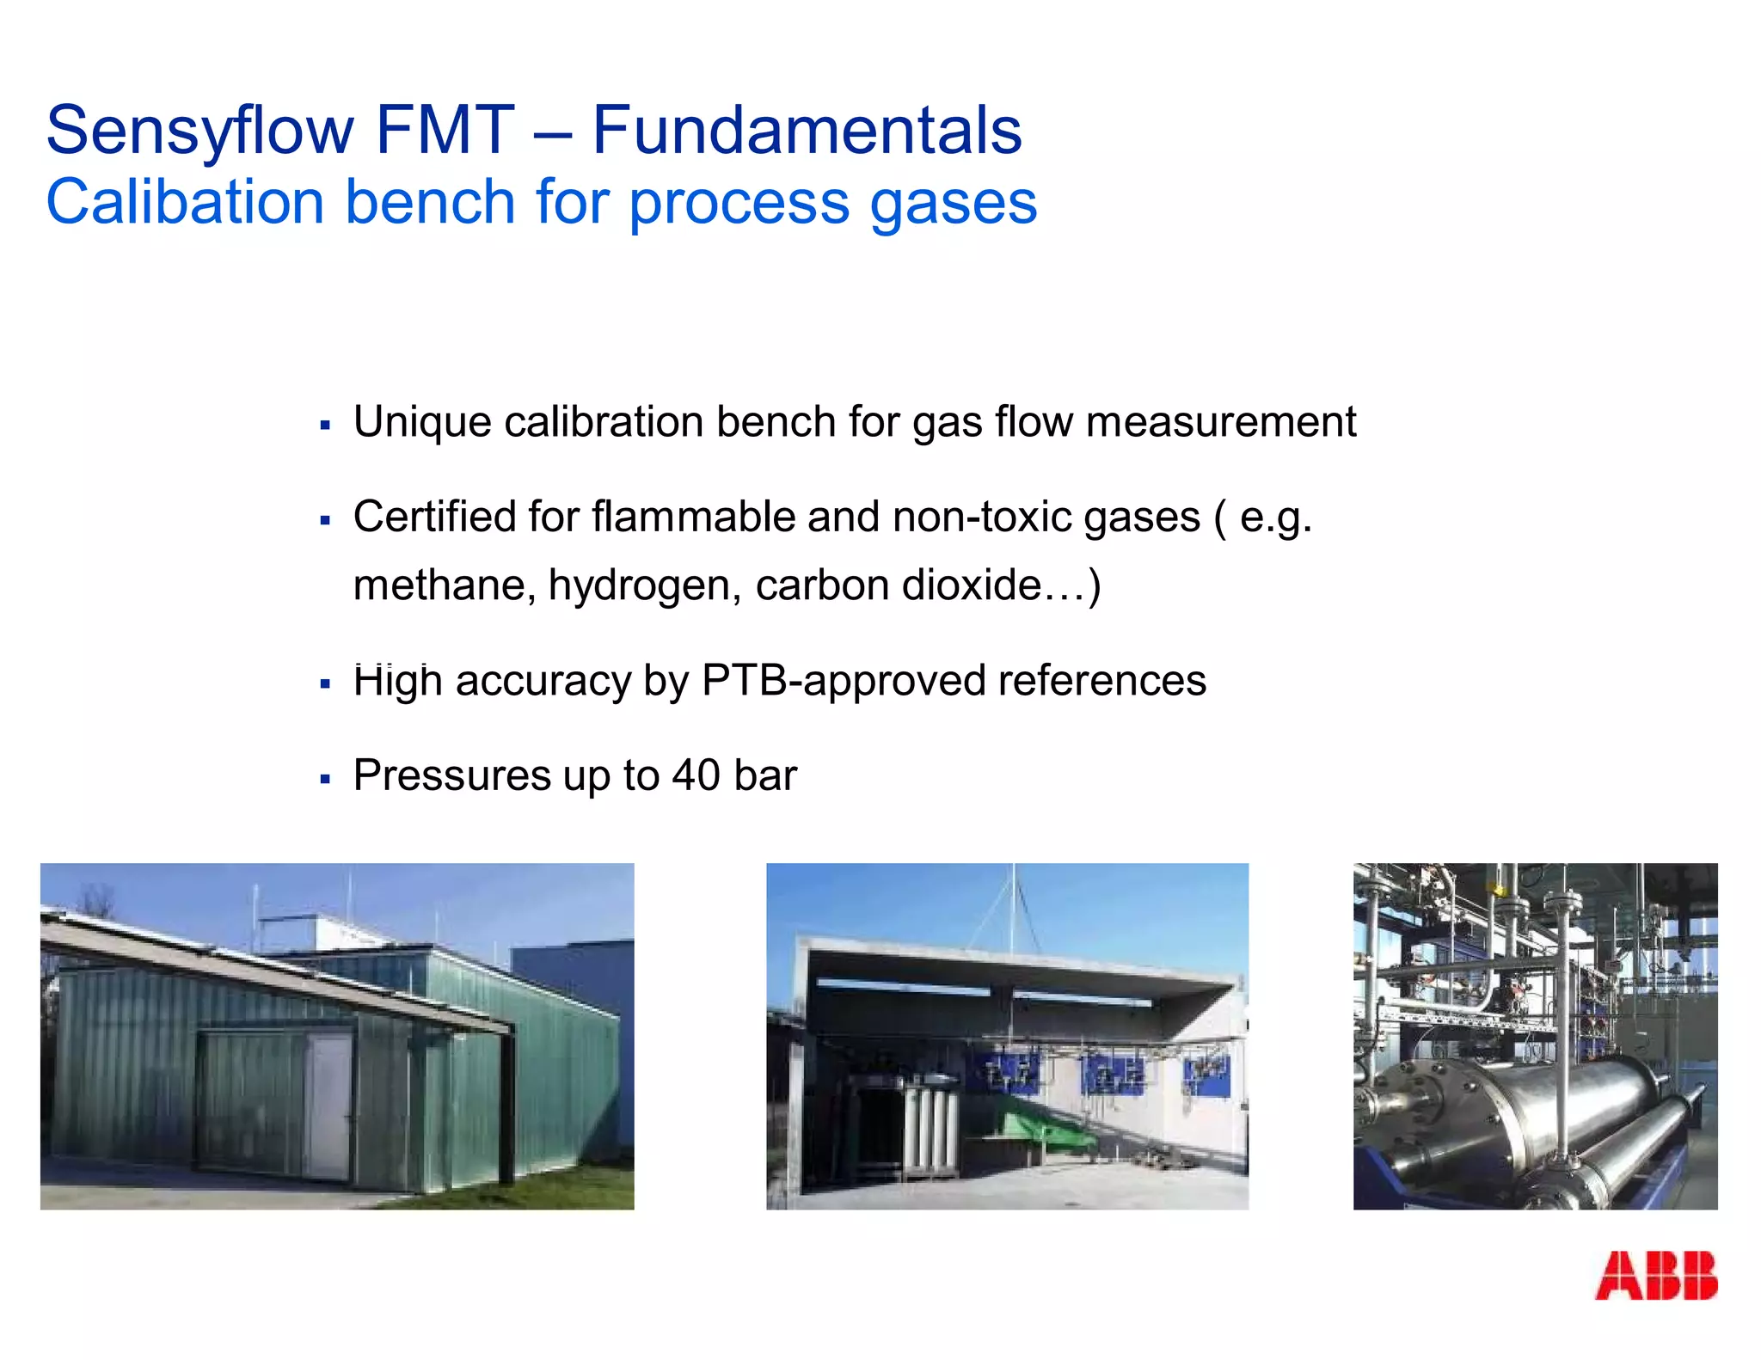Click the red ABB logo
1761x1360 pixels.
click(x=1655, y=1276)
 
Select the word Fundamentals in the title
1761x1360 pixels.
click(x=807, y=131)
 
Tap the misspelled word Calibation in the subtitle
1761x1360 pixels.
click(x=184, y=203)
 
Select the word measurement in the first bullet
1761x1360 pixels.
click(x=1221, y=422)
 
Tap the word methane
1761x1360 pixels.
click(x=445, y=586)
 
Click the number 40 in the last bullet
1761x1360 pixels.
click(x=696, y=775)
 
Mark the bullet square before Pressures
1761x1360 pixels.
click(x=325, y=779)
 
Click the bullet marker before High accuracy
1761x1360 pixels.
click(x=325, y=684)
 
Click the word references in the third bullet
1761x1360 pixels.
click(x=1102, y=681)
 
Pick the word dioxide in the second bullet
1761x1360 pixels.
click(x=972, y=586)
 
